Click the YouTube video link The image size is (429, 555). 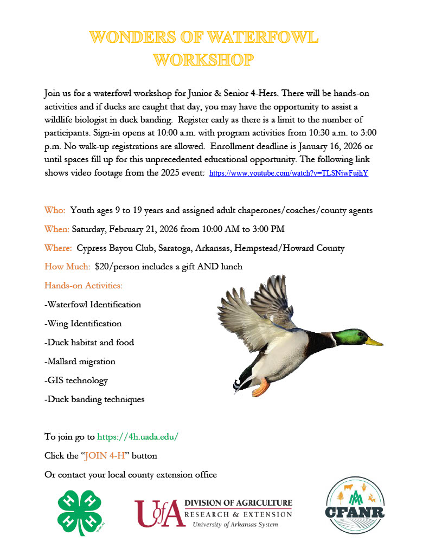(289, 173)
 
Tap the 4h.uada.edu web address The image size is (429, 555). (138, 436)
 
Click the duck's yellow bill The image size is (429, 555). (374, 342)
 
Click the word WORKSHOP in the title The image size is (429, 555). (203, 60)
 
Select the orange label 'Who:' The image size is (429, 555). (55, 210)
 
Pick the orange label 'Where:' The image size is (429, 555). (59, 248)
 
